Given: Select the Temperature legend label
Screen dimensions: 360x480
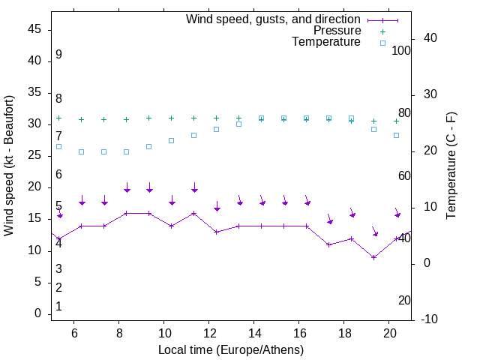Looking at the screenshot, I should point(325,42).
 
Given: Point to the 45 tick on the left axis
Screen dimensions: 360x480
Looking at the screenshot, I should point(34,28).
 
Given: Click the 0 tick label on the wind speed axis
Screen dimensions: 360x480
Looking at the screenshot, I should point(37,313).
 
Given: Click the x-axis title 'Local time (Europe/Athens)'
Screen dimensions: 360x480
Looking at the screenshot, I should point(231,350).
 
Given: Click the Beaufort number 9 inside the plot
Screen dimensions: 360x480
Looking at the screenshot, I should point(58,55).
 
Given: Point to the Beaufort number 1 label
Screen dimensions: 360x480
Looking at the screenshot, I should point(58,306).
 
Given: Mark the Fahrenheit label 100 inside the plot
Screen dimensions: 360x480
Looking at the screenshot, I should point(401,50).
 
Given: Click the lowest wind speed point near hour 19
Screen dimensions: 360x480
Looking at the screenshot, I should point(373,257).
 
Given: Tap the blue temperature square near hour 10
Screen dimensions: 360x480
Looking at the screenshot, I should point(171,140).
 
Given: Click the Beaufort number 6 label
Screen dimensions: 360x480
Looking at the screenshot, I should point(58,174).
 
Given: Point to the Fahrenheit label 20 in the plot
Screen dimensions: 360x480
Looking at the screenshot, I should point(404,300).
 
